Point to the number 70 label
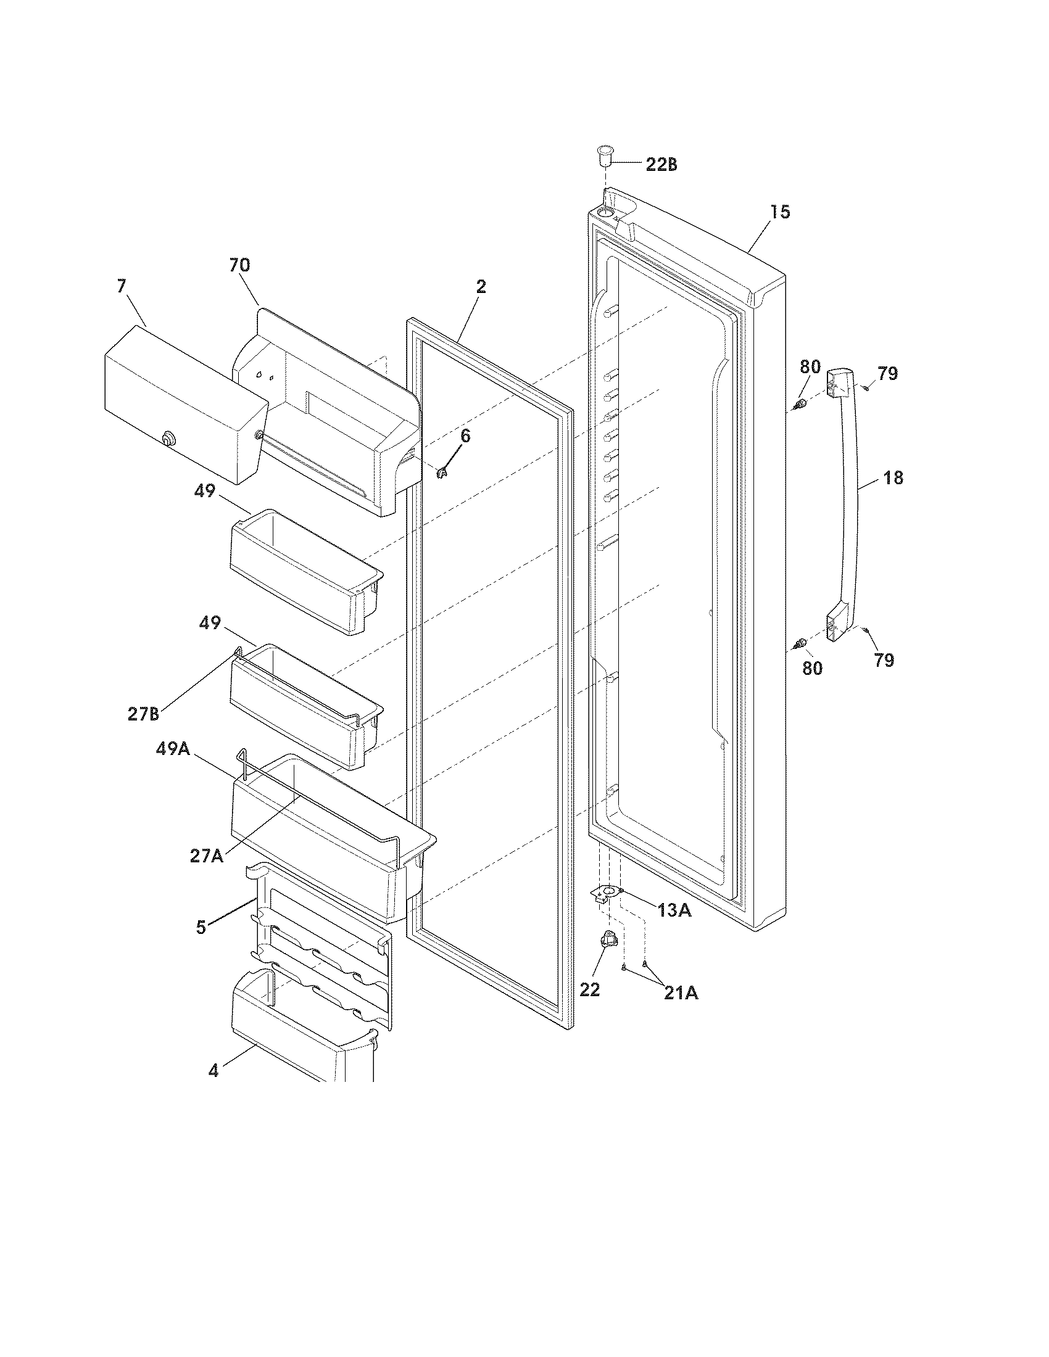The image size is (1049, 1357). coord(239,265)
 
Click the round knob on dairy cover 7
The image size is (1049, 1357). coord(167,439)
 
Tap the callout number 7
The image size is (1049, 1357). coord(121,286)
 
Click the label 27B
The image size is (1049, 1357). coord(144,714)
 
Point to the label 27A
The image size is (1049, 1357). coord(207,856)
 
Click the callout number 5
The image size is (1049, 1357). coord(201,928)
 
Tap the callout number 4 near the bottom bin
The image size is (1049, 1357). coord(213,1071)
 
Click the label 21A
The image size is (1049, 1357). coord(681,994)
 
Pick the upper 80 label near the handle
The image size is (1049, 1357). coord(810,366)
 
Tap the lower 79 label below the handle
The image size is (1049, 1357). coord(884,660)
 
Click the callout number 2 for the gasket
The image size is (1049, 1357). coord(481,287)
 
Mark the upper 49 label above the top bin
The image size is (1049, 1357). coord(204,491)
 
